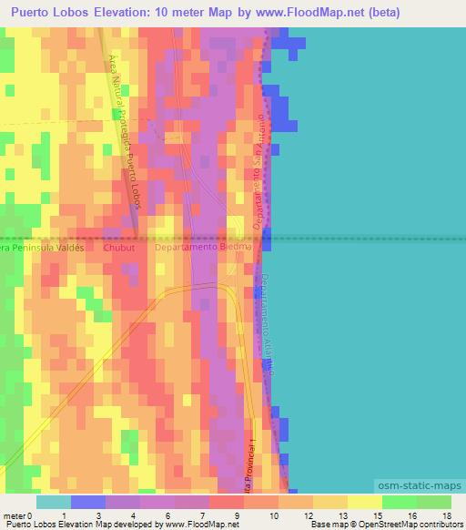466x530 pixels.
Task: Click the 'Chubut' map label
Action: click(x=118, y=247)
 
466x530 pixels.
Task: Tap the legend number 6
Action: click(x=170, y=515)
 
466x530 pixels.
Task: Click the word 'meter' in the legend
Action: click(x=14, y=515)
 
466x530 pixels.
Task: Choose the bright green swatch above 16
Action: click(x=399, y=502)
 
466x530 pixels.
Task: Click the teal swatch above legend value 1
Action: click(x=54, y=502)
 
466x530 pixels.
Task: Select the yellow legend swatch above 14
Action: click(x=364, y=502)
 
